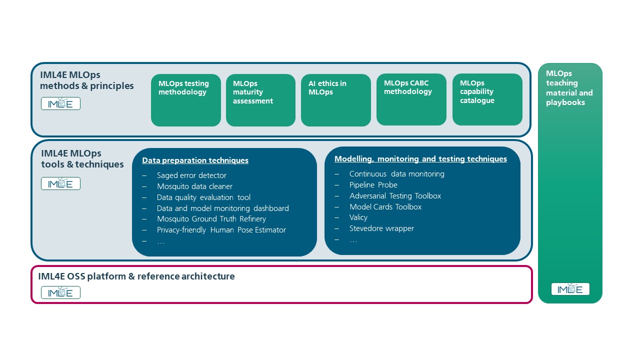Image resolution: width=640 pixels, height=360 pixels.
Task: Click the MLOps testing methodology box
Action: [185, 100]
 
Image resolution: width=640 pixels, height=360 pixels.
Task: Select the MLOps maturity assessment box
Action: [260, 100]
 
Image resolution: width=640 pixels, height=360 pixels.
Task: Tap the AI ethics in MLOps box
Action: [335, 100]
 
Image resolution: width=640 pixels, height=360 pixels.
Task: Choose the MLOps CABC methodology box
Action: [411, 99]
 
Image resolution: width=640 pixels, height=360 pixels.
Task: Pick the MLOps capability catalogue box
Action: [487, 99]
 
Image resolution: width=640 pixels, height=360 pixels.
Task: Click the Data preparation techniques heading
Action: [195, 160]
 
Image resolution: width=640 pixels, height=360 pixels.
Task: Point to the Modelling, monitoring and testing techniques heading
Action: [420, 159]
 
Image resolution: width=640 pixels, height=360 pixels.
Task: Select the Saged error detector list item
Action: [191, 175]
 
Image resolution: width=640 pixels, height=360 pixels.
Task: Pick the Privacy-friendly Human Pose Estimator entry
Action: [221, 230]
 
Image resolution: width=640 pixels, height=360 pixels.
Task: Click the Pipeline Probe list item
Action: [373, 185]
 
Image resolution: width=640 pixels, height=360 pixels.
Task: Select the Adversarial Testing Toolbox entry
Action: [395, 196]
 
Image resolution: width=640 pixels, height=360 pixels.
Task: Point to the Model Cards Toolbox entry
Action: [385, 207]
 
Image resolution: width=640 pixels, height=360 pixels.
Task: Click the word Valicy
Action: [358, 217]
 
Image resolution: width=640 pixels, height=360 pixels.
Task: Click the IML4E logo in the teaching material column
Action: [570, 289]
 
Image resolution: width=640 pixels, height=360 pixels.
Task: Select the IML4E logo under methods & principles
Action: [60, 103]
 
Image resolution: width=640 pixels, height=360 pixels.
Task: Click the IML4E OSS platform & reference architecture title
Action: [136, 276]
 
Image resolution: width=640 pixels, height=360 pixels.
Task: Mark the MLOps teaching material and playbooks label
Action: [569, 88]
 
